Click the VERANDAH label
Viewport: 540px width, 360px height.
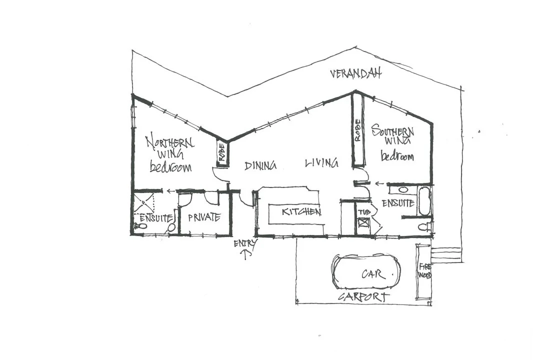click(355, 74)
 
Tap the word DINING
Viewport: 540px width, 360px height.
click(260, 165)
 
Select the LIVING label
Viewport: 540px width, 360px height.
click(321, 163)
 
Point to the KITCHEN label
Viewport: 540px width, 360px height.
click(301, 212)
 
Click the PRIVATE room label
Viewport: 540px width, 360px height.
click(204, 217)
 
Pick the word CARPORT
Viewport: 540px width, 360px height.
click(363, 297)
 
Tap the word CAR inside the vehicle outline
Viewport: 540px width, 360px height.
click(372, 274)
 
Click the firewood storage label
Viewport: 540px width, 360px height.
click(424, 270)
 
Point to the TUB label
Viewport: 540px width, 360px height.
click(363, 212)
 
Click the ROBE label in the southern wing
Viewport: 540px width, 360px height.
click(358, 131)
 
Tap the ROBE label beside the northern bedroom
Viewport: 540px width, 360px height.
click(221, 153)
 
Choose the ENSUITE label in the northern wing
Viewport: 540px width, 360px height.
click(156, 218)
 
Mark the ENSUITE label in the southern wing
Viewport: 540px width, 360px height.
click(398, 203)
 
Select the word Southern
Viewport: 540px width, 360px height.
click(393, 132)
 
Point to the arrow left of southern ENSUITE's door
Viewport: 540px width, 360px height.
click(379, 183)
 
